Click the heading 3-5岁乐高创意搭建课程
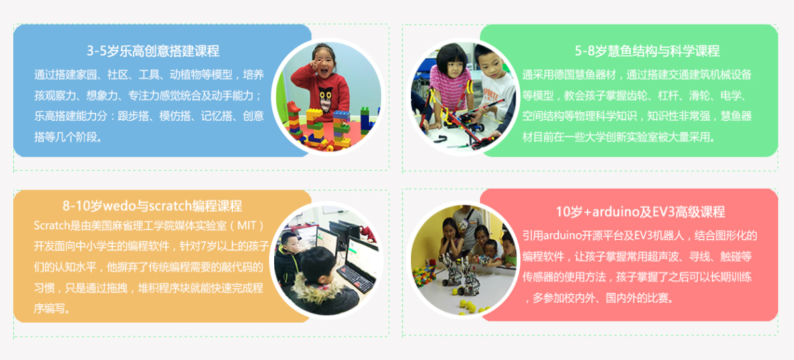coord(153,51)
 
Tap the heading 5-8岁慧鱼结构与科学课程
coord(647,51)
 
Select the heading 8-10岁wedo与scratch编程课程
coord(153,205)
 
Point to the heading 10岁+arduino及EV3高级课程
coord(641,212)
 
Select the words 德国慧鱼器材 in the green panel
coord(586,76)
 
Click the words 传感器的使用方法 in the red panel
coord(564,277)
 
